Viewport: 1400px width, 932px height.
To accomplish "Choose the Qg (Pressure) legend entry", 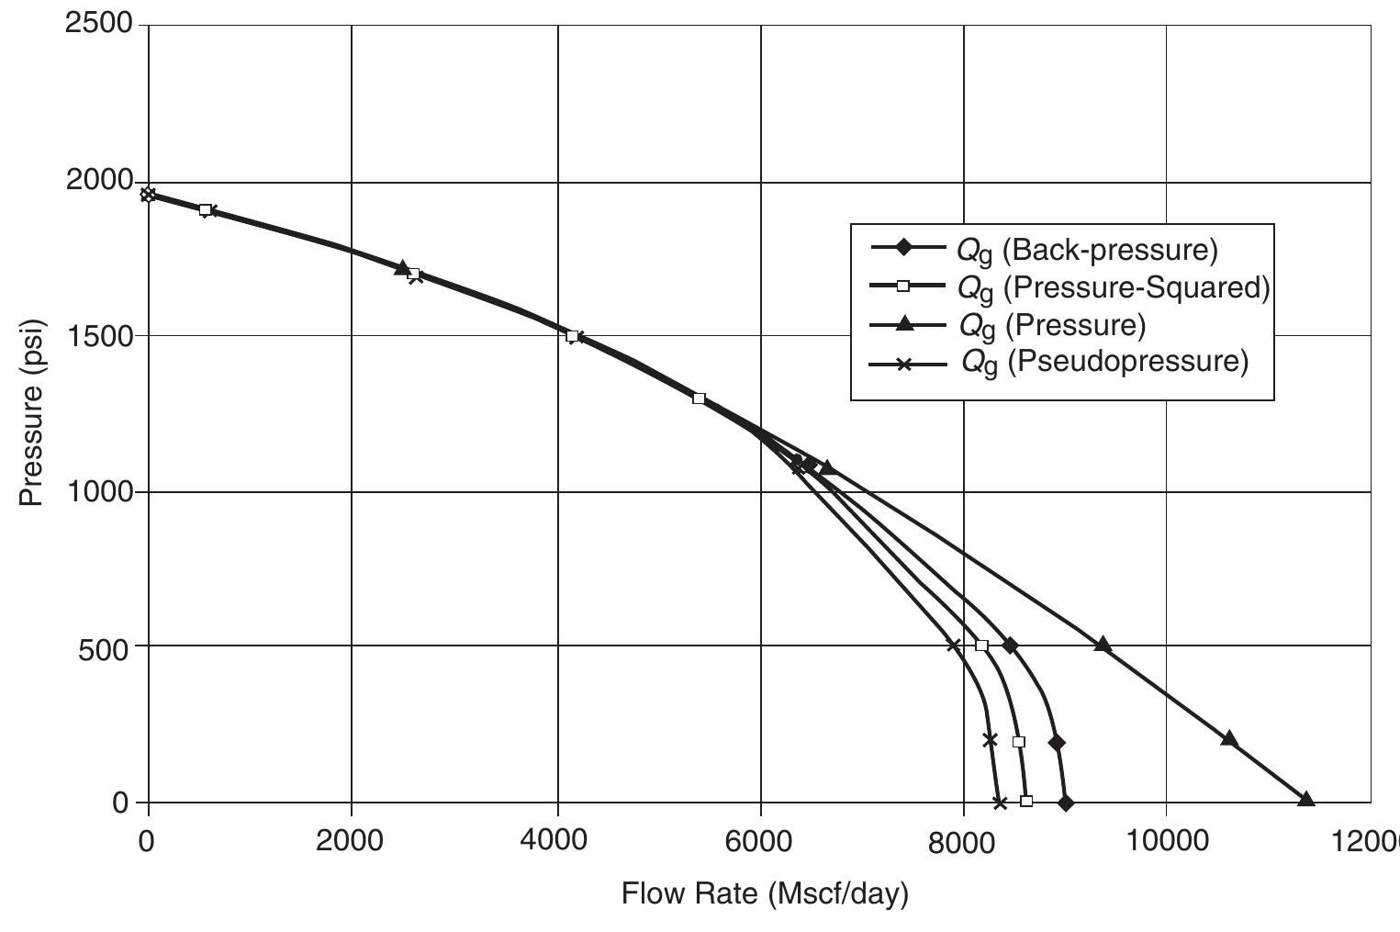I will click(1052, 325).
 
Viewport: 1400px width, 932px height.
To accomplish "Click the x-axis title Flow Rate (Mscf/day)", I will click(764, 893).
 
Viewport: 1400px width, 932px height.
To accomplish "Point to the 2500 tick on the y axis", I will click(100, 25).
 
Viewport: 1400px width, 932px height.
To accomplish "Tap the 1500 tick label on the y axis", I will click(100, 336).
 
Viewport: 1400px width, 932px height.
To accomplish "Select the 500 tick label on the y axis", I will click(110, 646).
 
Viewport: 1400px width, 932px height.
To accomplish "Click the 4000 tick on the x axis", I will click(557, 840).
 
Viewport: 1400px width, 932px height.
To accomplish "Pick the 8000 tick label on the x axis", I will click(963, 840).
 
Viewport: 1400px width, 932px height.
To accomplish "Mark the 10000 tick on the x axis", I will click(1166, 840).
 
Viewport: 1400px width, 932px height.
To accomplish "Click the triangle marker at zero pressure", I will click(1305, 800).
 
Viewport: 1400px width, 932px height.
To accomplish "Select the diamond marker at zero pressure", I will click(1065, 803).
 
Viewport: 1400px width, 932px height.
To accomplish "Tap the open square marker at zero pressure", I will click(1026, 802).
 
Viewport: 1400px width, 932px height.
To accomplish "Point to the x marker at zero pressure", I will click(1000, 803).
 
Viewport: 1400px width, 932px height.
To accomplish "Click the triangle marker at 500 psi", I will click(1103, 645).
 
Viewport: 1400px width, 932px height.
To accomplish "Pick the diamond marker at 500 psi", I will click(1010, 646).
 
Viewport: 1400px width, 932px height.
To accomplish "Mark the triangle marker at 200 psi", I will click(1229, 739).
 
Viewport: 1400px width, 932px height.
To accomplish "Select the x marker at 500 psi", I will click(954, 646).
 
